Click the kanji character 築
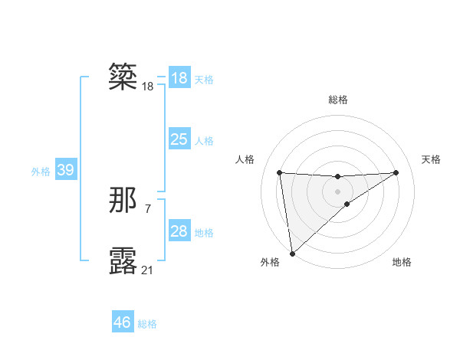pos(123,77)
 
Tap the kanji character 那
pos(123,200)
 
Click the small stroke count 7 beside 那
pos(147,208)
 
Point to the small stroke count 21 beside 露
pos(147,270)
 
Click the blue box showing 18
pos(179,77)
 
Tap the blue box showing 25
pos(179,139)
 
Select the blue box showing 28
pos(179,231)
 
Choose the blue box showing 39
pos(65,170)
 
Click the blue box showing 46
pos(123,322)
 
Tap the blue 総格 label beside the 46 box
pos(147,324)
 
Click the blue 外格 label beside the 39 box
pos(41,172)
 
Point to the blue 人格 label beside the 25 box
pos(204,141)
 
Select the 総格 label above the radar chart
pos(337,100)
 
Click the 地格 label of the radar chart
pos(402,263)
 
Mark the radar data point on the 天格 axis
pos(396,172)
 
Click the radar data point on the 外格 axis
pos(292,254)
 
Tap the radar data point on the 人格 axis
pos(279,172)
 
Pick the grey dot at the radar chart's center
pos(337,191)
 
